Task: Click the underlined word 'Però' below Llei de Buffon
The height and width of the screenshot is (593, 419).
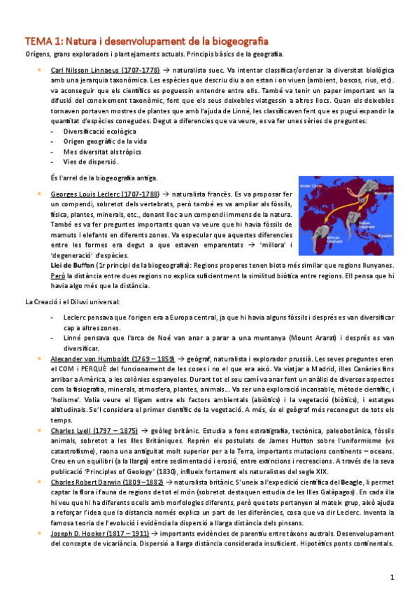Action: pyautogui.click(x=59, y=276)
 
